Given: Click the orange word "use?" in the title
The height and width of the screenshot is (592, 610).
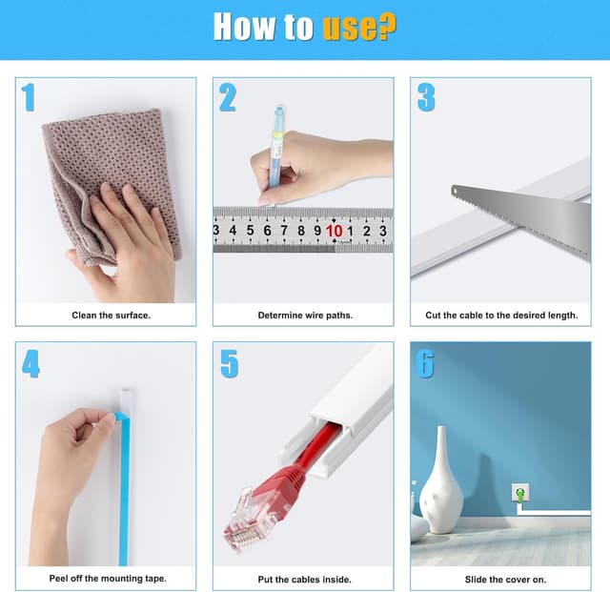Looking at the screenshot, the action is coord(359,27).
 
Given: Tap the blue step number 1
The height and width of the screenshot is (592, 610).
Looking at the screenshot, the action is coord(29,97).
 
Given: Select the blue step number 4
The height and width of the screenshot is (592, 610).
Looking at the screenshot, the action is coord(30,363).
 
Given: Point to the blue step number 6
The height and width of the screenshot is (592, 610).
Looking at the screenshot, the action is coord(425,363).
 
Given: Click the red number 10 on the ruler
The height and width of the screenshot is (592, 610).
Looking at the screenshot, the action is coord(335,231).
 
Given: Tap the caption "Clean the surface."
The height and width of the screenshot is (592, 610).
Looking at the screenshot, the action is coord(111,316).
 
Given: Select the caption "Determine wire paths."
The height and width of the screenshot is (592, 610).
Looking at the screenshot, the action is coord(305,316).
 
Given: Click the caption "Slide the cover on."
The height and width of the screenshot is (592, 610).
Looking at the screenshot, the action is coord(505,580).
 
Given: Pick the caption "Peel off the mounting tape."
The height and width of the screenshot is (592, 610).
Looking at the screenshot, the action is coord(108,579).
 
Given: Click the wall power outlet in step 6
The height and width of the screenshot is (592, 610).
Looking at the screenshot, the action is coord(520,493).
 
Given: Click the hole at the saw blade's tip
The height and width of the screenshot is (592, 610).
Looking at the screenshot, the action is coord(455,191).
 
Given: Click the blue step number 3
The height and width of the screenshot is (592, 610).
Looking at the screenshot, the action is coord(426,97).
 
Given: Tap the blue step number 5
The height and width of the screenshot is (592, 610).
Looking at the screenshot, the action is coord(229,363).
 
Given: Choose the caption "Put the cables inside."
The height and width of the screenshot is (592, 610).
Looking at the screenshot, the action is coord(305,580).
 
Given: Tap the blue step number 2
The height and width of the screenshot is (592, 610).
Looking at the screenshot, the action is coord(228,97).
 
